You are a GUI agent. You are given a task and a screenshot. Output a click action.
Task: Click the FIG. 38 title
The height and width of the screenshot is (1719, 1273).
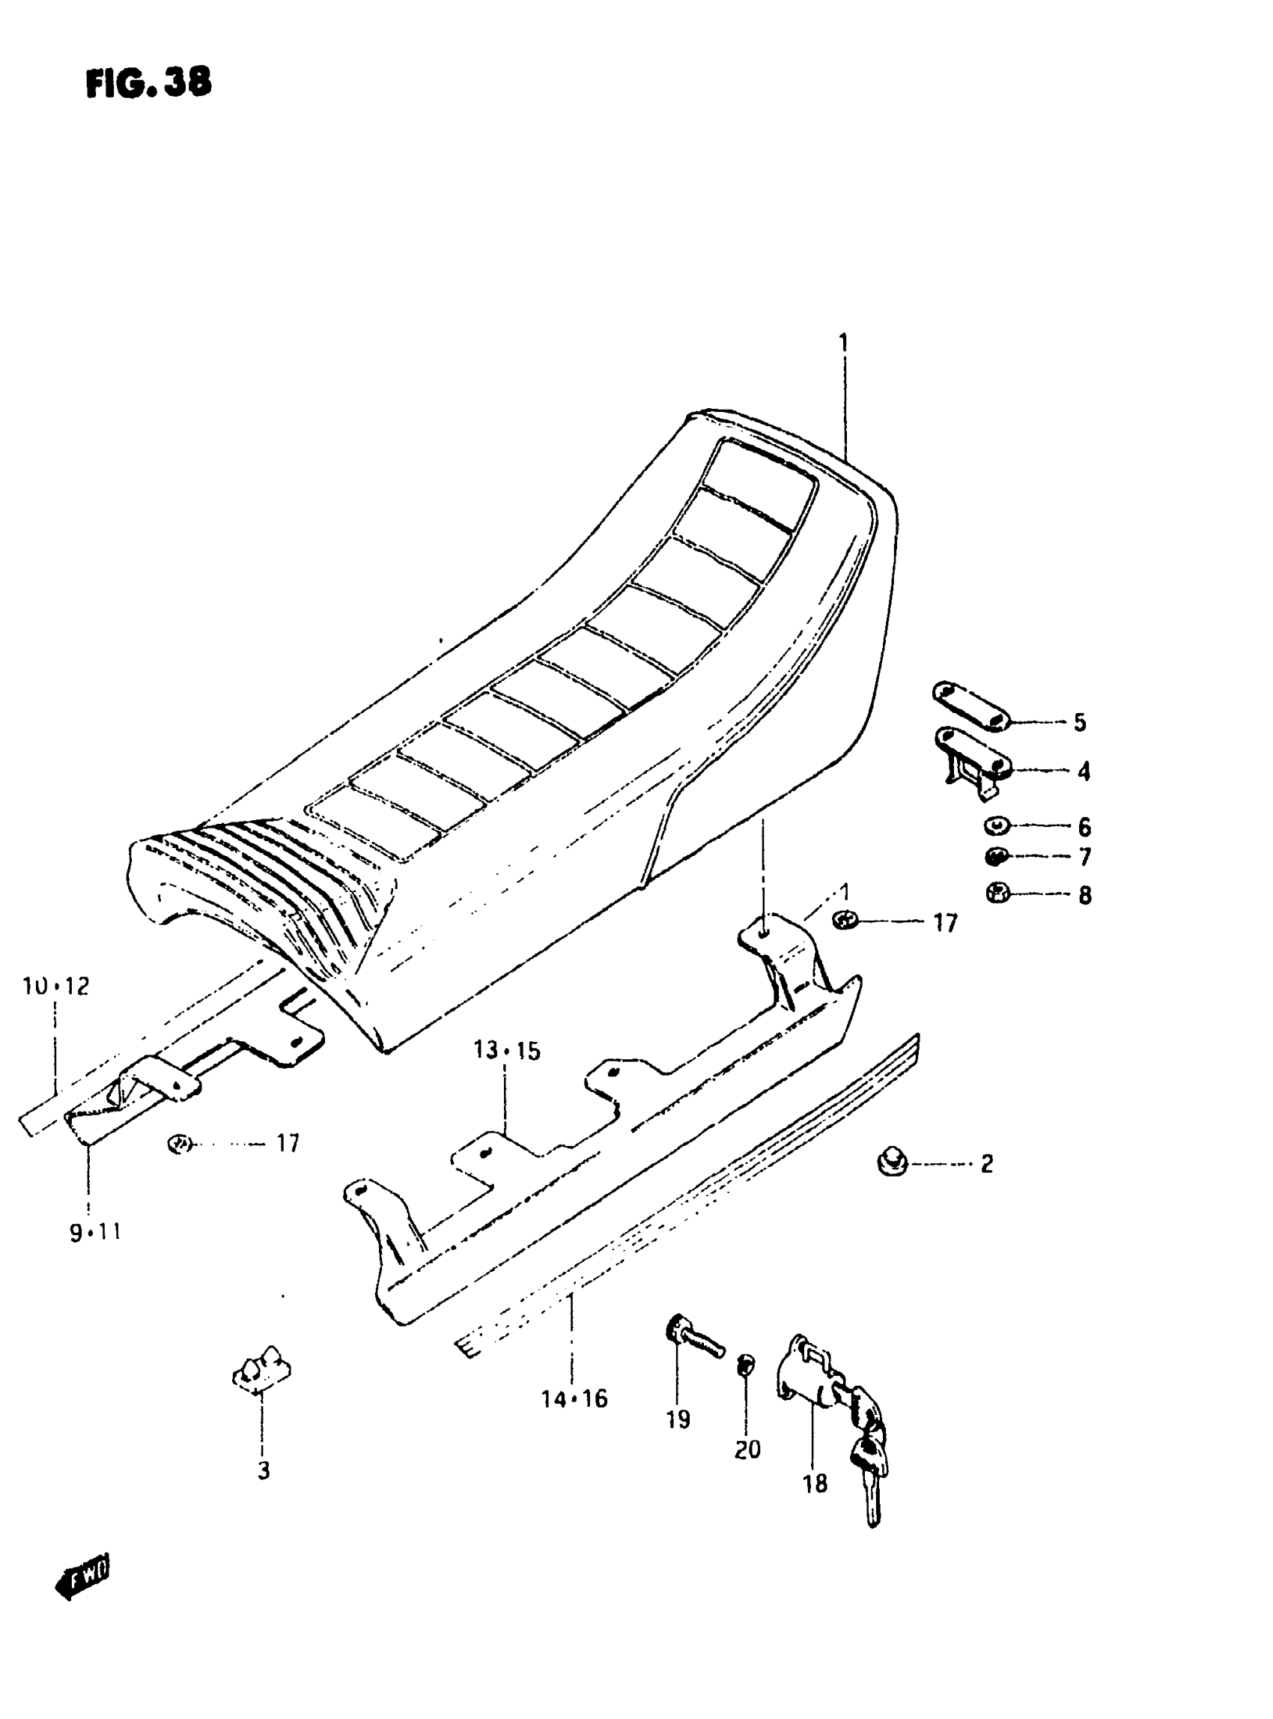[x=148, y=82]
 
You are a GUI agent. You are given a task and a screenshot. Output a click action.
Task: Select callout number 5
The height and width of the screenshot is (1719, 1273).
[x=1080, y=722]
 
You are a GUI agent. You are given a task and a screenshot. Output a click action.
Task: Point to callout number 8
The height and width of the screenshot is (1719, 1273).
[x=1084, y=895]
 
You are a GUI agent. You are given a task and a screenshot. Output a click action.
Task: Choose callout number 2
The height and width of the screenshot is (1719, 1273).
[x=987, y=1163]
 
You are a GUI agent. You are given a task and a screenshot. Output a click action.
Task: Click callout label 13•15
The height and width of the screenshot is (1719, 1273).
[x=507, y=1051]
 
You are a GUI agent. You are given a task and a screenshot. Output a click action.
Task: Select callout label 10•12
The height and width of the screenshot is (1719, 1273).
[x=56, y=986]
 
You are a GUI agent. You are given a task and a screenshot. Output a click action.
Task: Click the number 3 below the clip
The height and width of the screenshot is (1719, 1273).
[x=264, y=1471]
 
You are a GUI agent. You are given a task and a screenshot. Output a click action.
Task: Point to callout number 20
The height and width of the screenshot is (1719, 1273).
[x=747, y=1450]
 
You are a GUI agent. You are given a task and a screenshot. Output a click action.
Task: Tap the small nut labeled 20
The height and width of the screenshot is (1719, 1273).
[x=746, y=1365]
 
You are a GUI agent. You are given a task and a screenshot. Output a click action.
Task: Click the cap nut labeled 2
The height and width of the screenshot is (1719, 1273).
[x=893, y=1162]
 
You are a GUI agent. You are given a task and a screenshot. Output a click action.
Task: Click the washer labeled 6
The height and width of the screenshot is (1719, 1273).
[x=997, y=826]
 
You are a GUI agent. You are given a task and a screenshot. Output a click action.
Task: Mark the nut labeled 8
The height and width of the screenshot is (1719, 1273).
[x=998, y=894]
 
